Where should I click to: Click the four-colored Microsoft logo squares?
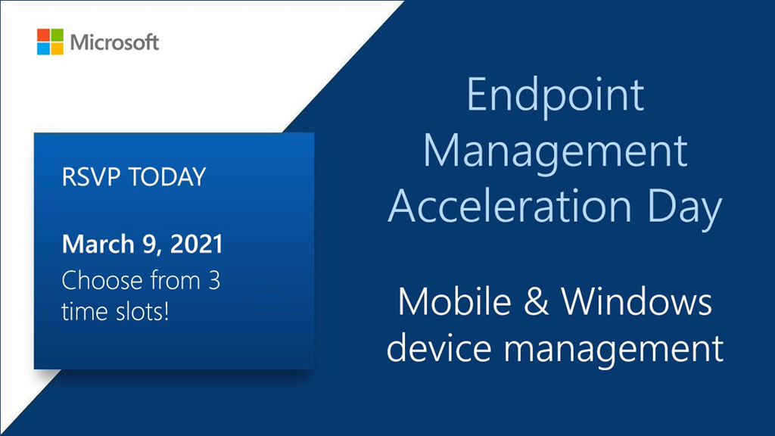click(x=50, y=42)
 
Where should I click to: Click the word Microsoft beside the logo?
click(x=114, y=42)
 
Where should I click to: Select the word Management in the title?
click(x=555, y=152)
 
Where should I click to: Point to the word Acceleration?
click(x=510, y=206)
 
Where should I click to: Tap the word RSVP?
click(x=91, y=177)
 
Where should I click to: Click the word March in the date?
click(x=98, y=244)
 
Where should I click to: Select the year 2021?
click(x=196, y=244)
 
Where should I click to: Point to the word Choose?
click(x=103, y=280)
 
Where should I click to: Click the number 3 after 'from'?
click(x=213, y=280)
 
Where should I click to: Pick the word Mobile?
click(x=455, y=301)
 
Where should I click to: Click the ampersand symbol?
click(x=537, y=301)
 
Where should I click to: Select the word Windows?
click(x=636, y=301)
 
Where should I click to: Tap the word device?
click(x=439, y=347)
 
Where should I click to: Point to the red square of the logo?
click(x=43, y=35)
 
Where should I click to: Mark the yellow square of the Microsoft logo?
click(x=57, y=48)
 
